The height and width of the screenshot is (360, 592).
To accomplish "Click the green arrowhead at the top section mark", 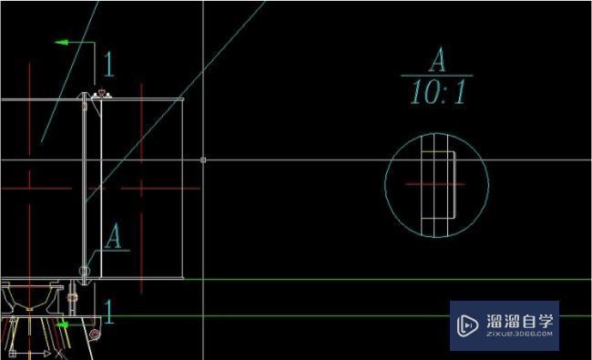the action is [x=62, y=42].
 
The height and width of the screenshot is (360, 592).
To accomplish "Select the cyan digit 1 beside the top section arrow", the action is [x=108, y=64].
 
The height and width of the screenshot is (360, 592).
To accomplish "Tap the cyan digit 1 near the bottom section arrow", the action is [x=108, y=312].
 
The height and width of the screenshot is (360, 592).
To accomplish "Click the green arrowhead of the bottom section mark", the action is [x=63, y=324].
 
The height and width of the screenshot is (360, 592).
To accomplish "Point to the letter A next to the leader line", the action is [x=113, y=236].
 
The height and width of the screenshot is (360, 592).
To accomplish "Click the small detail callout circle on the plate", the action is [x=85, y=271].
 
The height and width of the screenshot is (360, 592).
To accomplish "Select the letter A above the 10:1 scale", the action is [x=437, y=59].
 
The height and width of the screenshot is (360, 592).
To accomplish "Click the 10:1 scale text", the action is [x=438, y=92].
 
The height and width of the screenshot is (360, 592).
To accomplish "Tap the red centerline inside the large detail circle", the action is [x=435, y=184].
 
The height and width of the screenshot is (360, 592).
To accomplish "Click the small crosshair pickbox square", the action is [x=203, y=160].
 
